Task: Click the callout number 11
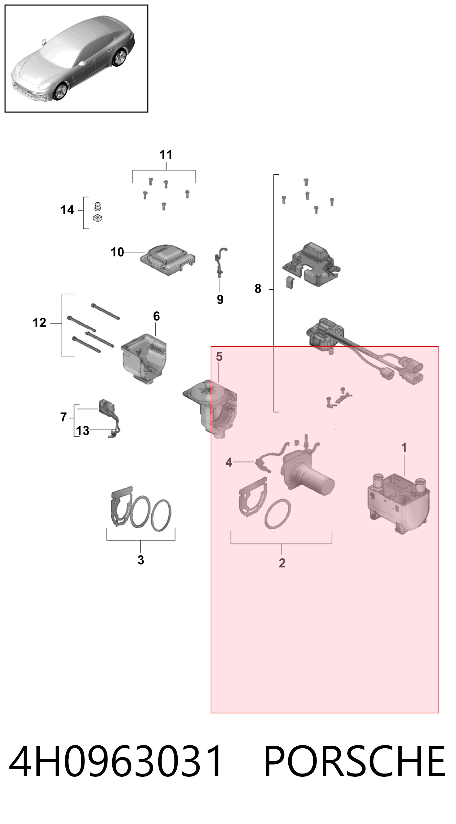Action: pyautogui.click(x=166, y=155)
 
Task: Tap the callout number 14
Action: pyautogui.click(x=67, y=210)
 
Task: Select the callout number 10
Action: pyautogui.click(x=117, y=252)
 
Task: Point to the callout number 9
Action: pyautogui.click(x=220, y=300)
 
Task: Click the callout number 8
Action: pyautogui.click(x=258, y=289)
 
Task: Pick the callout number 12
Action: pyautogui.click(x=39, y=323)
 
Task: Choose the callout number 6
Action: pyautogui.click(x=156, y=316)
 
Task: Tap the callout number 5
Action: pyautogui.click(x=219, y=357)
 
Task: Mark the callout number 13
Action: pyautogui.click(x=83, y=431)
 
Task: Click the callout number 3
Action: pyautogui.click(x=140, y=560)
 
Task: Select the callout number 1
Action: pyautogui.click(x=404, y=447)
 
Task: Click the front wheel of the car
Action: pyautogui.click(x=60, y=92)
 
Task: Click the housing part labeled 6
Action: pyautogui.click(x=144, y=358)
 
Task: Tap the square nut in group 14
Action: pyautogui.click(x=97, y=218)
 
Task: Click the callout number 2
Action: pyautogui.click(x=282, y=563)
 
